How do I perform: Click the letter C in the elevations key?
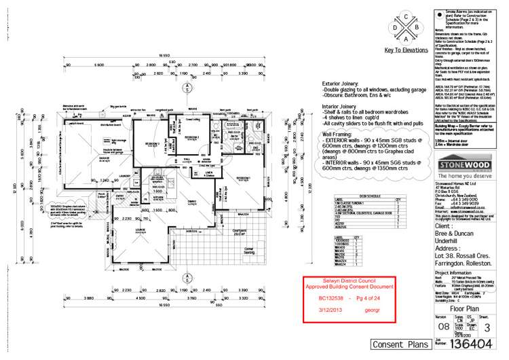[x=407, y=16]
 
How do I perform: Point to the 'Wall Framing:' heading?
[x=339, y=135]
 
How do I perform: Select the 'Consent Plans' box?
[x=398, y=344]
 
